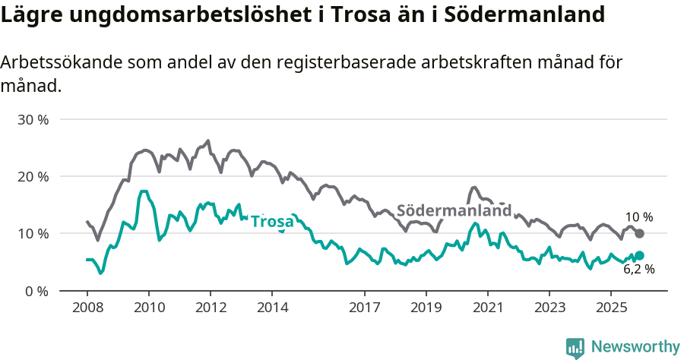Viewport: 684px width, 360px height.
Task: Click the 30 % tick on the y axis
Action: tap(33, 120)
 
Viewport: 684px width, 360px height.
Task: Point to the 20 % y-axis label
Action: tap(33, 177)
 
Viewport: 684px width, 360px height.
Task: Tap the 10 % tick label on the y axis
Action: tap(33, 234)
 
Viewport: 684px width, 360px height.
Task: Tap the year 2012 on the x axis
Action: tap(211, 308)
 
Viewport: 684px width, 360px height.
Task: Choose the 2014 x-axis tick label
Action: tap(272, 308)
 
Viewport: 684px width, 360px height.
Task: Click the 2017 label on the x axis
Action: tap(365, 308)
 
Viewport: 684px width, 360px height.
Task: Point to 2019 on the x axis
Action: tap(426, 308)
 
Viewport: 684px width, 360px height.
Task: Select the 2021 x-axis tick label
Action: tap(488, 308)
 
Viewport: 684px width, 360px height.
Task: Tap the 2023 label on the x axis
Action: tap(549, 308)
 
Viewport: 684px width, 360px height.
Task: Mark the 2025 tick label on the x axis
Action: tap(611, 308)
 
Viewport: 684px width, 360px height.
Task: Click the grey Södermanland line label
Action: tap(454, 211)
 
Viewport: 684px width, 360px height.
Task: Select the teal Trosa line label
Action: tap(272, 222)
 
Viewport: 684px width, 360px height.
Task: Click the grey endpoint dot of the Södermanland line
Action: tap(639, 233)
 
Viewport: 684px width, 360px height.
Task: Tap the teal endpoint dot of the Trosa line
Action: tap(639, 256)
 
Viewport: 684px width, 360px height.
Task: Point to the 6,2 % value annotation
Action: tap(638, 269)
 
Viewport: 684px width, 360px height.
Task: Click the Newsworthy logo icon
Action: tap(575, 347)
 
